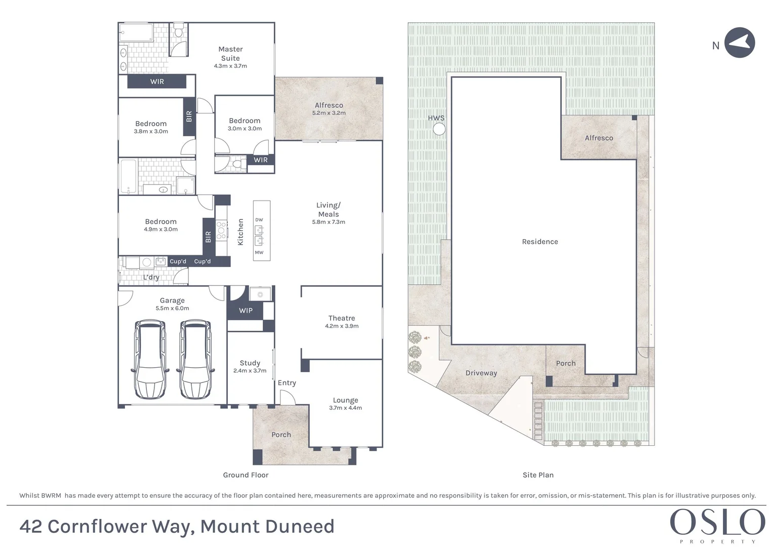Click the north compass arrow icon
[x=740, y=43]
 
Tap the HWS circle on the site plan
[x=439, y=129]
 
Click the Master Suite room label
[x=230, y=54]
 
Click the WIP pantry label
[x=246, y=310]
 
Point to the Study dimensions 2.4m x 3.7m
[x=250, y=371]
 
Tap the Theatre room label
[x=342, y=318]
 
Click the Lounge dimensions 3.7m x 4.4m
[x=345, y=408]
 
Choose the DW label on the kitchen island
[x=259, y=220]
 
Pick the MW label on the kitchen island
[x=259, y=252]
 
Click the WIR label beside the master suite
[x=157, y=82]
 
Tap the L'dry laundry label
[x=151, y=277]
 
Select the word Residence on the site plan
[x=540, y=242]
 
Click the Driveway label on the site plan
[x=481, y=373]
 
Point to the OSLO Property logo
[x=717, y=525]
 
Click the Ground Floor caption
[x=246, y=475]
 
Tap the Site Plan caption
[x=538, y=475]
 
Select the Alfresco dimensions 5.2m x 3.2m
[x=329, y=113]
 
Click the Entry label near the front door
[x=287, y=383]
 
